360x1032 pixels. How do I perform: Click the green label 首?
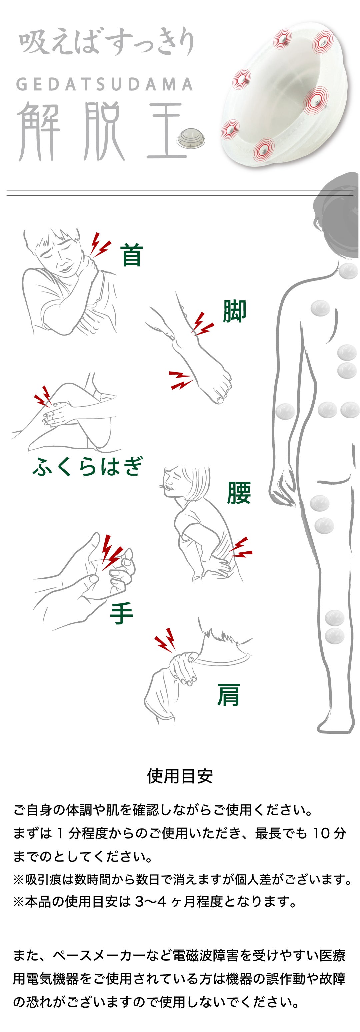(x=132, y=255)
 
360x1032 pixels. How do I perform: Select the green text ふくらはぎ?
(x=87, y=466)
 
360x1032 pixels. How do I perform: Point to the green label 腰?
(x=239, y=492)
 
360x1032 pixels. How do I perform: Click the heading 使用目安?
(x=180, y=776)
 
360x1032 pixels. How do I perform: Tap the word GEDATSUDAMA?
(x=104, y=84)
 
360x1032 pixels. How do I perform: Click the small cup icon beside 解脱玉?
(x=192, y=138)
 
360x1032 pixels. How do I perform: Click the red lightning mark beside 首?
(x=100, y=244)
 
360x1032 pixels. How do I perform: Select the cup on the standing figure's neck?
(x=348, y=271)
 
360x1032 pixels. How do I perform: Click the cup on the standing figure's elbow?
(x=285, y=411)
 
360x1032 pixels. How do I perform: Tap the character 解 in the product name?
(x=39, y=131)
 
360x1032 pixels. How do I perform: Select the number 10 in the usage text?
(x=321, y=833)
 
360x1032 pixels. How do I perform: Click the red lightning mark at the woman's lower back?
(x=240, y=548)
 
